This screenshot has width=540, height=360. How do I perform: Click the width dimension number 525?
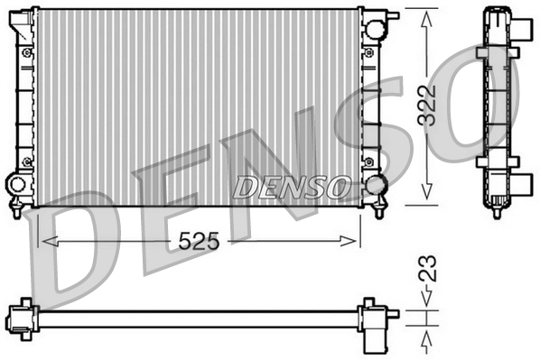click(x=199, y=241)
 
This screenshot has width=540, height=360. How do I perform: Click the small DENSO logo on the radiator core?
click(x=292, y=187)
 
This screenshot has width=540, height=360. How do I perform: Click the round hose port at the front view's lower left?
click(x=17, y=185)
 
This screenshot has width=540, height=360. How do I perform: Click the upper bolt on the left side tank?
click(x=27, y=52)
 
